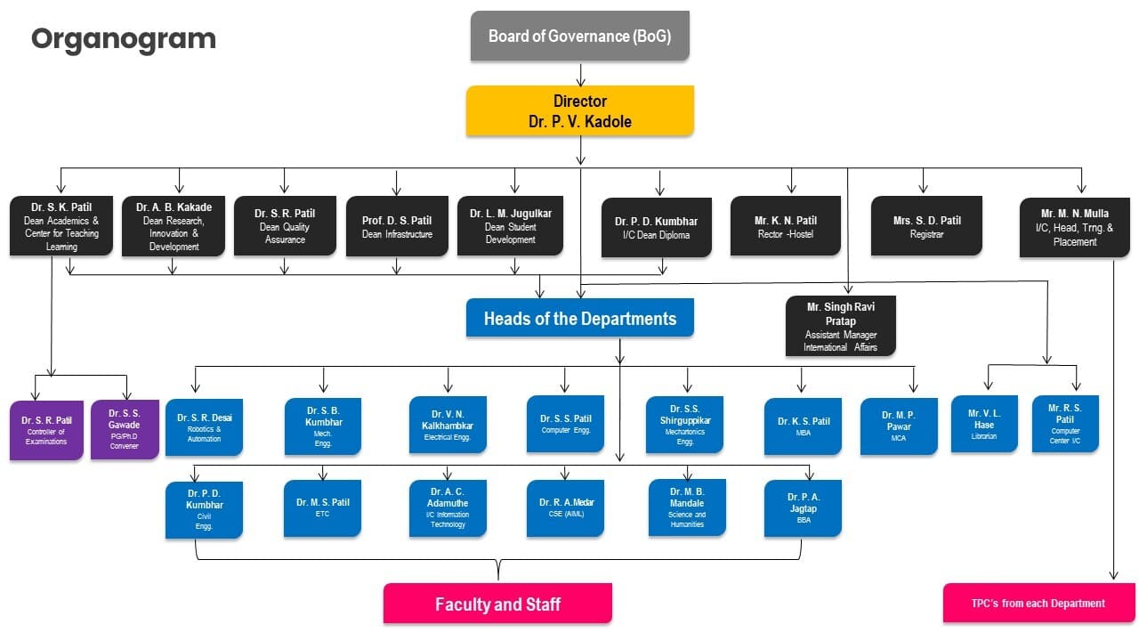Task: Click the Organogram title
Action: coord(124,39)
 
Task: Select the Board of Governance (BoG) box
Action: coord(579,37)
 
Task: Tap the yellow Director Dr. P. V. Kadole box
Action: coord(579,111)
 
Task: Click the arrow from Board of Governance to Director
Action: coord(580,74)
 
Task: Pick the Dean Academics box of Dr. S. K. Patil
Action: coord(61,226)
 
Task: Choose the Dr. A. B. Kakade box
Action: coord(174,226)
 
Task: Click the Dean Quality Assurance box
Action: coord(285,226)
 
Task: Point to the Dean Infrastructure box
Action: coord(397,226)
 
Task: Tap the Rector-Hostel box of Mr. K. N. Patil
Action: coord(785,226)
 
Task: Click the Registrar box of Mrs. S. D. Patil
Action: coord(926,226)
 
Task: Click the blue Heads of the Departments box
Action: coord(579,318)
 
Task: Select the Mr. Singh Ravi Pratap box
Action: coord(840,326)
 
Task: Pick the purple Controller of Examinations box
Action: coord(46,431)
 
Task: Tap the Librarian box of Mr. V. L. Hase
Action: coord(984,424)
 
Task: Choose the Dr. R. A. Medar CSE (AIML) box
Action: coord(565,507)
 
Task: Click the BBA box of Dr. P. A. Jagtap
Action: coord(803,507)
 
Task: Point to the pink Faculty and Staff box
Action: coord(497,604)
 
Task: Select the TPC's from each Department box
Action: coord(1038,603)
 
